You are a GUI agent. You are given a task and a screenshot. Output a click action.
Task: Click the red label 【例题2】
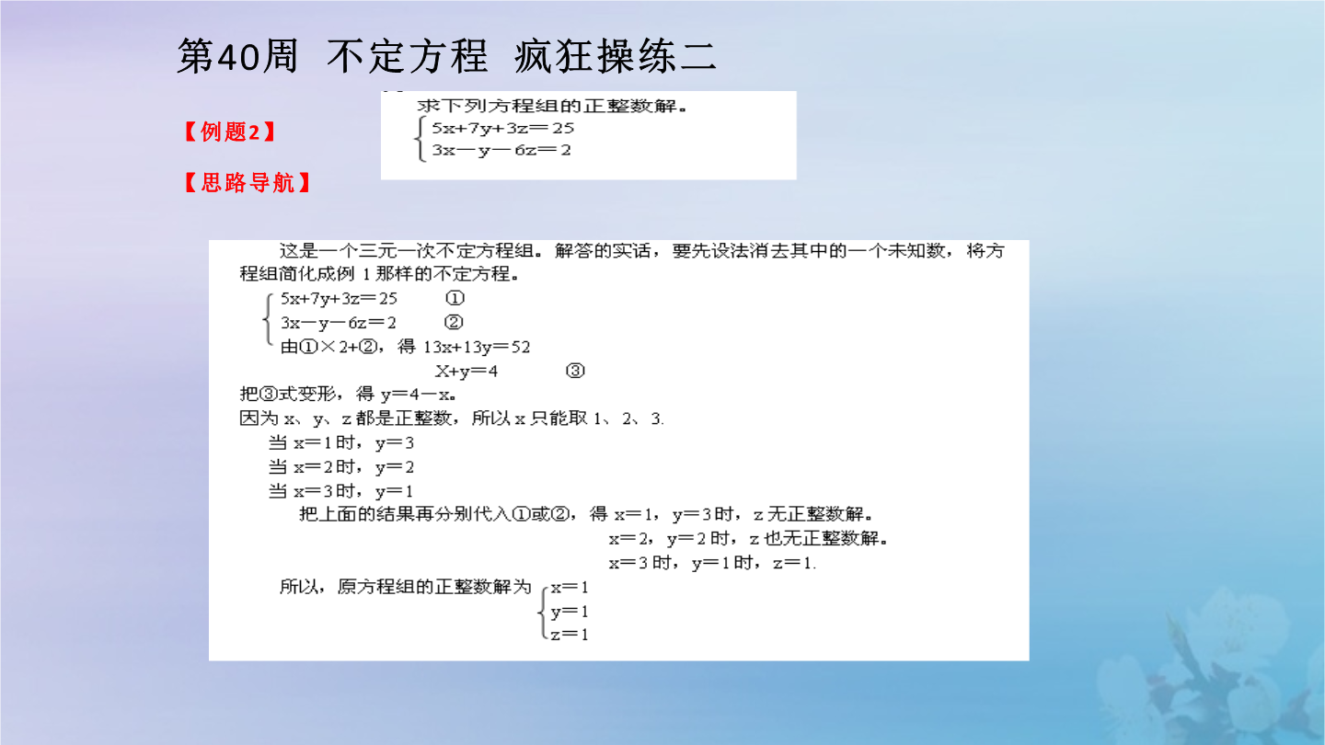tap(229, 132)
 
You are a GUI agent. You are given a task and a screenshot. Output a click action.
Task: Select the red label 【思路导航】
tap(248, 183)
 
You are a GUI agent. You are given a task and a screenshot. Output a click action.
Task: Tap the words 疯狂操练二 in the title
tap(616, 57)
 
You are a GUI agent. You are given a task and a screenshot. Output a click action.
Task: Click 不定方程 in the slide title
tap(408, 57)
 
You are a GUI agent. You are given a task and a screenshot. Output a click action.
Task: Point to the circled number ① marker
tap(455, 298)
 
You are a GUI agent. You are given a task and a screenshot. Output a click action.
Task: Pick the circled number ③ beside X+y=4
tap(575, 371)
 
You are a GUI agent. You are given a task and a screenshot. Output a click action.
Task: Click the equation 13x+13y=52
tap(477, 347)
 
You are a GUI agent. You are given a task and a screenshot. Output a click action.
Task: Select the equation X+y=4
tap(467, 372)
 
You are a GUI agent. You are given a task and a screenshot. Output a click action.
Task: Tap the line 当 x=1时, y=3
tap(341, 443)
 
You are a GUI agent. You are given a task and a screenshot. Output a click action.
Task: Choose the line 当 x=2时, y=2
tap(341, 467)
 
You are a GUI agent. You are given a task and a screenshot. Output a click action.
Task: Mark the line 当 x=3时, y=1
tap(340, 491)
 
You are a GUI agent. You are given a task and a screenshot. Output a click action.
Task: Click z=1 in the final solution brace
tap(570, 635)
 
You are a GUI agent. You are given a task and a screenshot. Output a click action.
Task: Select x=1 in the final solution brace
tap(570, 587)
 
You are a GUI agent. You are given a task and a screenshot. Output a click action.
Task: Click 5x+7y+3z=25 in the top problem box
tap(502, 129)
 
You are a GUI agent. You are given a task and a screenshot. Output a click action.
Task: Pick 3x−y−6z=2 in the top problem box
tap(501, 150)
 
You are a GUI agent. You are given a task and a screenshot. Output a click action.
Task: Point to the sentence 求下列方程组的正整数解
tap(552, 106)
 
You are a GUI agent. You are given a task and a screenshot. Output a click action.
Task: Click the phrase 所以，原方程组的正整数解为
tap(405, 587)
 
